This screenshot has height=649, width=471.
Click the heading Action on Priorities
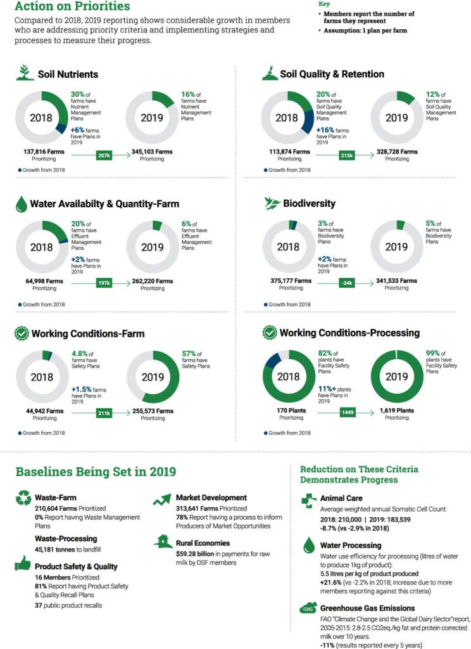pos(73,7)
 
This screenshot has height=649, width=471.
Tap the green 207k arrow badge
pos(105,154)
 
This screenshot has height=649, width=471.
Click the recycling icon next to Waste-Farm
pos(23,499)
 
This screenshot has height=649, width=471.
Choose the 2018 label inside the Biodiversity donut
pos(288,247)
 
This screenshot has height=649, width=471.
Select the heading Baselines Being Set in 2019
pos(96,472)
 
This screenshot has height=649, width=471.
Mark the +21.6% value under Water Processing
pos(333,581)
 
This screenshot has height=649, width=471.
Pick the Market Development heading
pos(211,498)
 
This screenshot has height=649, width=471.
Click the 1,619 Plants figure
pos(397,410)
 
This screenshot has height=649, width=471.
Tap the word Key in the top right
pos(323,3)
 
